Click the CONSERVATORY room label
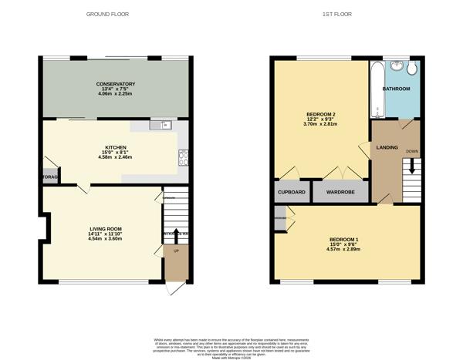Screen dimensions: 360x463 116,83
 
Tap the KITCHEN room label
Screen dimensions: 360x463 116,146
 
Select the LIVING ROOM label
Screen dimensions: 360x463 106,228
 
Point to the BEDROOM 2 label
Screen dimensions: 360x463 320,115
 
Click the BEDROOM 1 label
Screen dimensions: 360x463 343,238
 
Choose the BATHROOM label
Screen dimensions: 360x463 396,89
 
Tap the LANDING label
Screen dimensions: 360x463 387,147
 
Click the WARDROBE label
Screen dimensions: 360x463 340,191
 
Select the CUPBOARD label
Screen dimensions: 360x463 291,191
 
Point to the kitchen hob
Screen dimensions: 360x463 184,159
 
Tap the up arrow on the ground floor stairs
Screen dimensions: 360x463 175,234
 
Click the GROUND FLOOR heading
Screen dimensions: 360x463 108,14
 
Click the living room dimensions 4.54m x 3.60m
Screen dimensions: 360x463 106,239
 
